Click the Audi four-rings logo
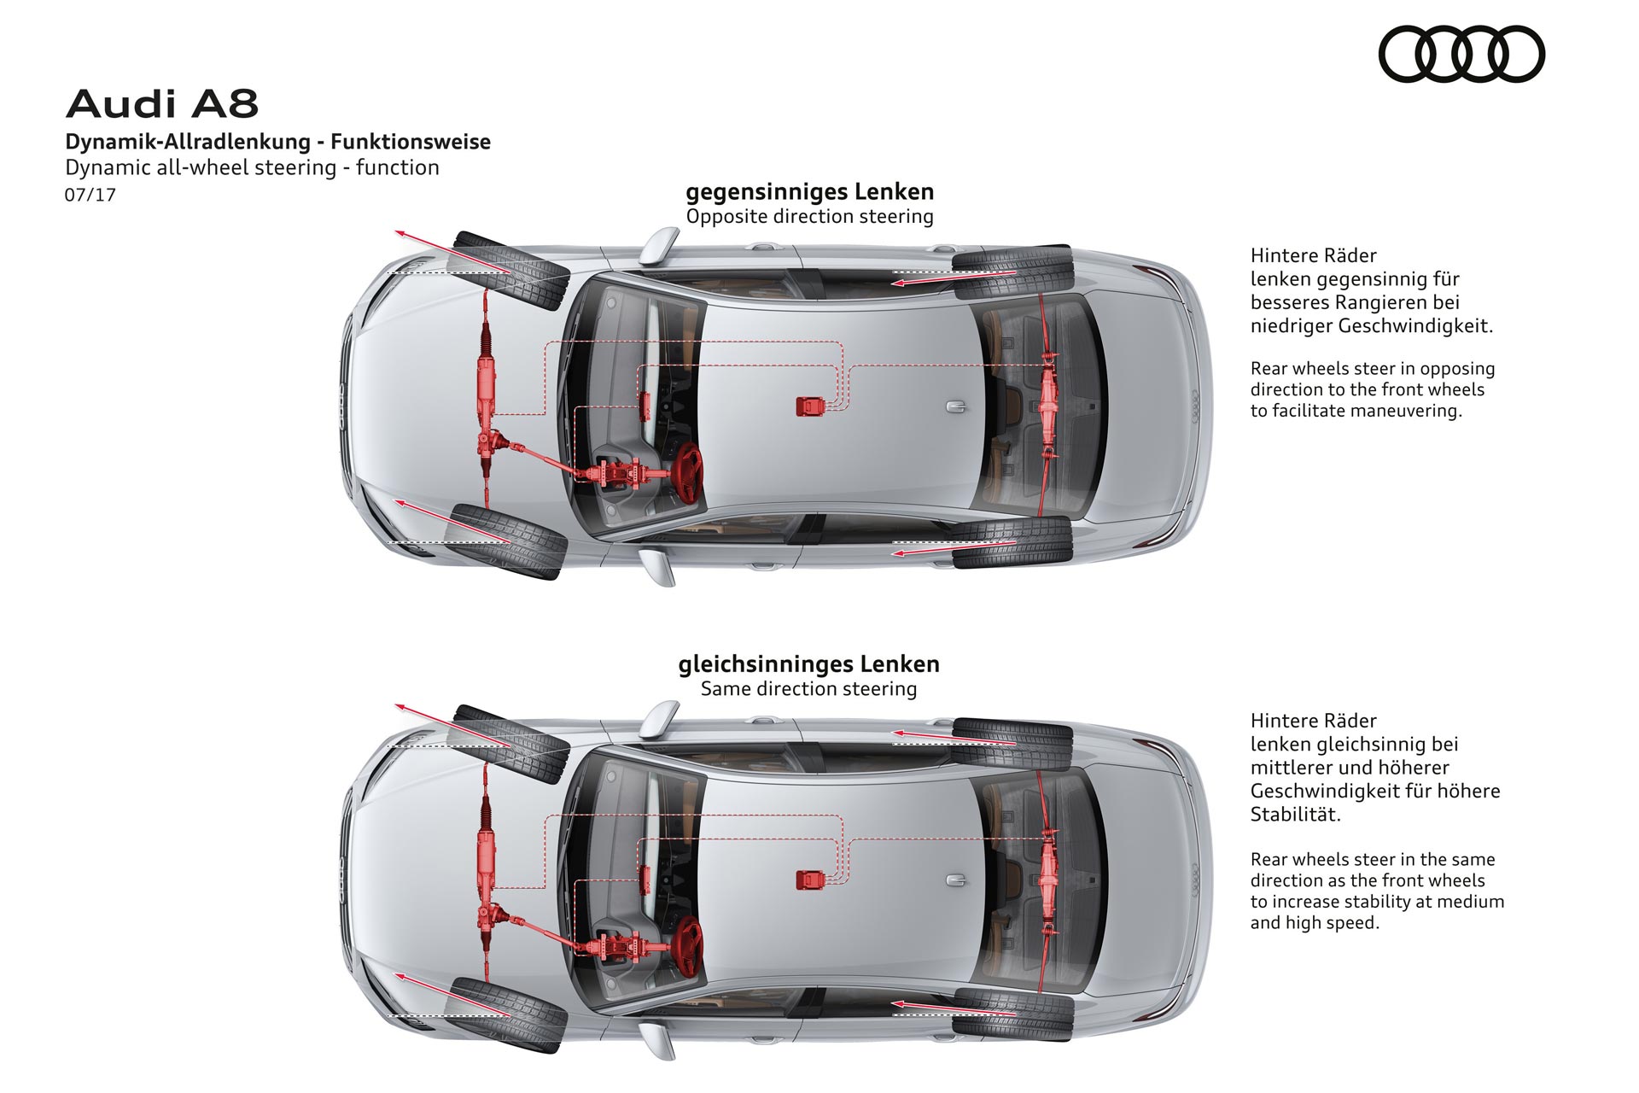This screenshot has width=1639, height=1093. pyautogui.click(x=1461, y=54)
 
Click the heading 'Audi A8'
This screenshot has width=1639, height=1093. pyautogui.click(x=162, y=104)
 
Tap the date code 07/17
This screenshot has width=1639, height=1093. pyautogui.click(x=90, y=195)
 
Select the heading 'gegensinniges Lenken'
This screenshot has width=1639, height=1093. pyautogui.click(x=809, y=191)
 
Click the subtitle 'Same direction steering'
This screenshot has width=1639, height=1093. pyautogui.click(x=808, y=688)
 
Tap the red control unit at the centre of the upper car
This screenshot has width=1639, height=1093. pyautogui.click(x=810, y=406)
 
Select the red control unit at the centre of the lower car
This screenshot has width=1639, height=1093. pyautogui.click(x=810, y=879)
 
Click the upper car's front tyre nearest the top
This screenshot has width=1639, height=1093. pyautogui.click(x=510, y=269)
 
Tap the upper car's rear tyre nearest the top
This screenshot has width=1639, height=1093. pyautogui.click(x=1013, y=272)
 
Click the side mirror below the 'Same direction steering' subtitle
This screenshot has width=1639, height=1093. pyautogui.click(x=660, y=719)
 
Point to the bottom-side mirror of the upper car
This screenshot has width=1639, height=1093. pyautogui.click(x=658, y=567)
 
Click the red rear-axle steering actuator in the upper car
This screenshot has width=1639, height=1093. pyautogui.click(x=1047, y=401)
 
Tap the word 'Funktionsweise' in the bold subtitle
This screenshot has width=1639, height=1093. pyautogui.click(x=411, y=142)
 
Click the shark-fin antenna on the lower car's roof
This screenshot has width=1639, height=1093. pyautogui.click(x=956, y=880)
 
